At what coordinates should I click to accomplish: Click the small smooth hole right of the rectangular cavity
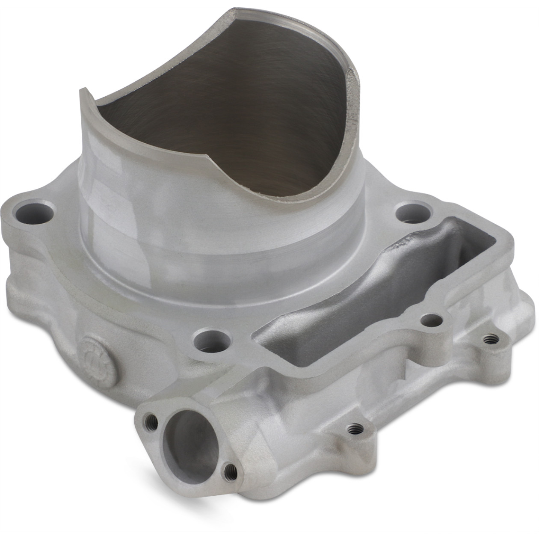point(431,319)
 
